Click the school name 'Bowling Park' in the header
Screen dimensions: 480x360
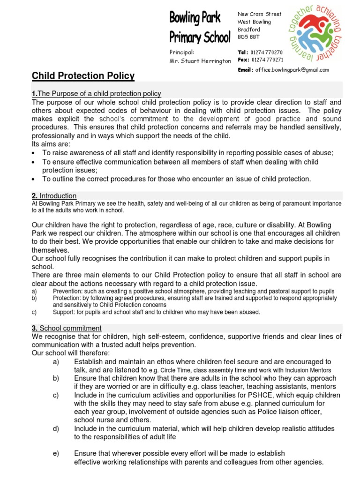195,19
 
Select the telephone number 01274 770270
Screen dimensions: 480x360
267,52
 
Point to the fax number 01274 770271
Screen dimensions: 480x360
267,60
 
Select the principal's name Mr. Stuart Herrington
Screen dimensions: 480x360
200,61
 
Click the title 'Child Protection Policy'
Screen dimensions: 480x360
83,76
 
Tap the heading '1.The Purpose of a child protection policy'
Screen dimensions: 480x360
96,94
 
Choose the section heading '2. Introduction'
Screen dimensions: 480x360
54,195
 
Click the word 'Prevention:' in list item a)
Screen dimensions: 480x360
69,291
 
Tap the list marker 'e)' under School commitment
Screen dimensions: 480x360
56,453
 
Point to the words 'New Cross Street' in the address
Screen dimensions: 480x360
260,14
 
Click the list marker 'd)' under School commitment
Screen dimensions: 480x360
56,428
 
